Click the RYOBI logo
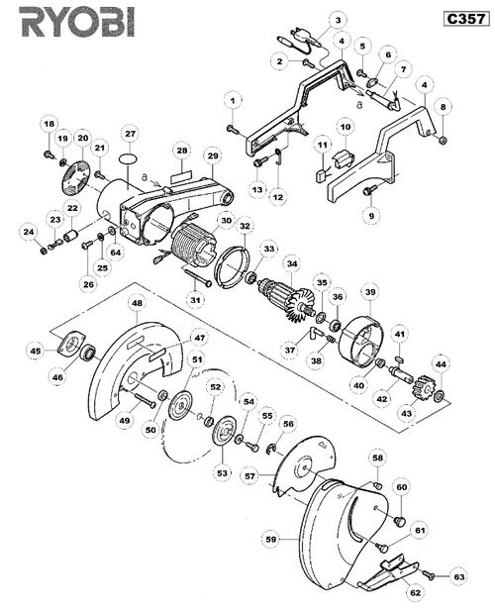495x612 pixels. point(78,23)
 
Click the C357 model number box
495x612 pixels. point(466,19)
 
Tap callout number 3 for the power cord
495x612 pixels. point(338,20)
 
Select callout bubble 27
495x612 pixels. point(130,135)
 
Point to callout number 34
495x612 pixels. point(292,264)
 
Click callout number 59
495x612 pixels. point(270,539)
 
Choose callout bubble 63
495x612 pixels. point(459,576)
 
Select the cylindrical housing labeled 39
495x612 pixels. point(359,341)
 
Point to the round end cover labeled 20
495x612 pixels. point(75,177)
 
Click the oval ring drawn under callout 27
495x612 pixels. point(130,158)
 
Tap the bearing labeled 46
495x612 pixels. point(88,353)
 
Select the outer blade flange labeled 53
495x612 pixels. point(225,432)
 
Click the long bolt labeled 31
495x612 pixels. point(197,278)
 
